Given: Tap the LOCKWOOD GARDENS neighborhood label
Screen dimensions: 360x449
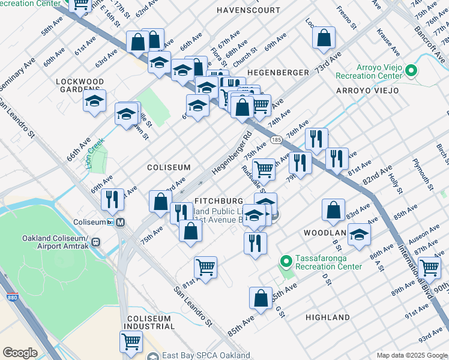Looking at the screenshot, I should [x=80, y=85].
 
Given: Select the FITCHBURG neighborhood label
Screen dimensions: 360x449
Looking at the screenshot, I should [x=219, y=200].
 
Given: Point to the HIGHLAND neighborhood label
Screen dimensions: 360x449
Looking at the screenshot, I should [x=327, y=317].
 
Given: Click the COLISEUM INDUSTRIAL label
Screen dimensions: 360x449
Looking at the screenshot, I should [x=149, y=322].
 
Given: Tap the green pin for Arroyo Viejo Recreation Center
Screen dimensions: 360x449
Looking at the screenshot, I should [x=411, y=71].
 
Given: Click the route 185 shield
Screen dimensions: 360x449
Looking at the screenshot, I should [x=276, y=140].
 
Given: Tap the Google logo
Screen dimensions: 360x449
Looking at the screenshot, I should [x=20, y=353].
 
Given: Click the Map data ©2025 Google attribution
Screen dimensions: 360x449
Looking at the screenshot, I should [x=411, y=355].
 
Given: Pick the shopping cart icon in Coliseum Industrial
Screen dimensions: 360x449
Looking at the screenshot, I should [x=131, y=341].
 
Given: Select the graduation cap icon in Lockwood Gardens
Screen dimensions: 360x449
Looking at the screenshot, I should [x=94, y=101].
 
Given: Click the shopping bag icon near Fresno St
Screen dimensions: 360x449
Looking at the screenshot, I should [x=324, y=37].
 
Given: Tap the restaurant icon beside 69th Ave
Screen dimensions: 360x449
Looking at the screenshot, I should [x=111, y=199].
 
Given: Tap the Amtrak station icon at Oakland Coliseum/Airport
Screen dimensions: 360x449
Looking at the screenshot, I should [x=96, y=242].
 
